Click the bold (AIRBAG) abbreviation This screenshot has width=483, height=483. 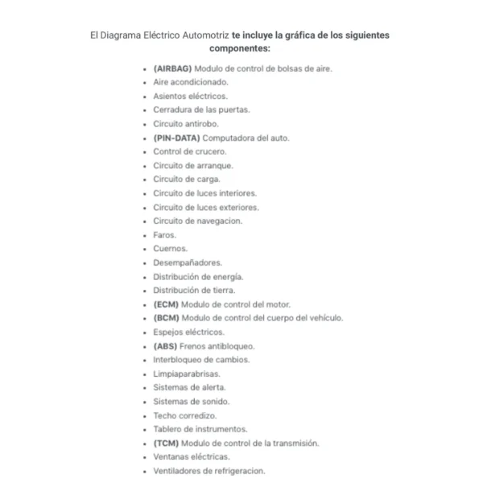coord(172,68)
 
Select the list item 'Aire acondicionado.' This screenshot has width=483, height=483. coord(191,82)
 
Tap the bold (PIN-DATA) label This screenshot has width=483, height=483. coord(177,138)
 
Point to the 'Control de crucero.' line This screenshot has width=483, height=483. coord(190,151)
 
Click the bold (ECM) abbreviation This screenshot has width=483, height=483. coord(167,304)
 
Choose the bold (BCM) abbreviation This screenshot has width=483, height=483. coord(167,318)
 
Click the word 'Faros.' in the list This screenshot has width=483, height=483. coord(164,235)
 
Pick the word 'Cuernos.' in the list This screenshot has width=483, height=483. coord(170,249)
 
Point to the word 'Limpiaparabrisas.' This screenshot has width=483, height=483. coord(187,374)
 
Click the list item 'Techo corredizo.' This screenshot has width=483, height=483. coord(185,415)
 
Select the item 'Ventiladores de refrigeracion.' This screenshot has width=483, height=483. coord(209,471)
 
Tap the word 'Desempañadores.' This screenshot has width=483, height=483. coord(188,262)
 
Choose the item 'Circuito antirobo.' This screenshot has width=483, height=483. coord(186,124)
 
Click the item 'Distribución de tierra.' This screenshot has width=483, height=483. coord(195,291)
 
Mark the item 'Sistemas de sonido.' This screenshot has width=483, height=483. coord(192,402)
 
